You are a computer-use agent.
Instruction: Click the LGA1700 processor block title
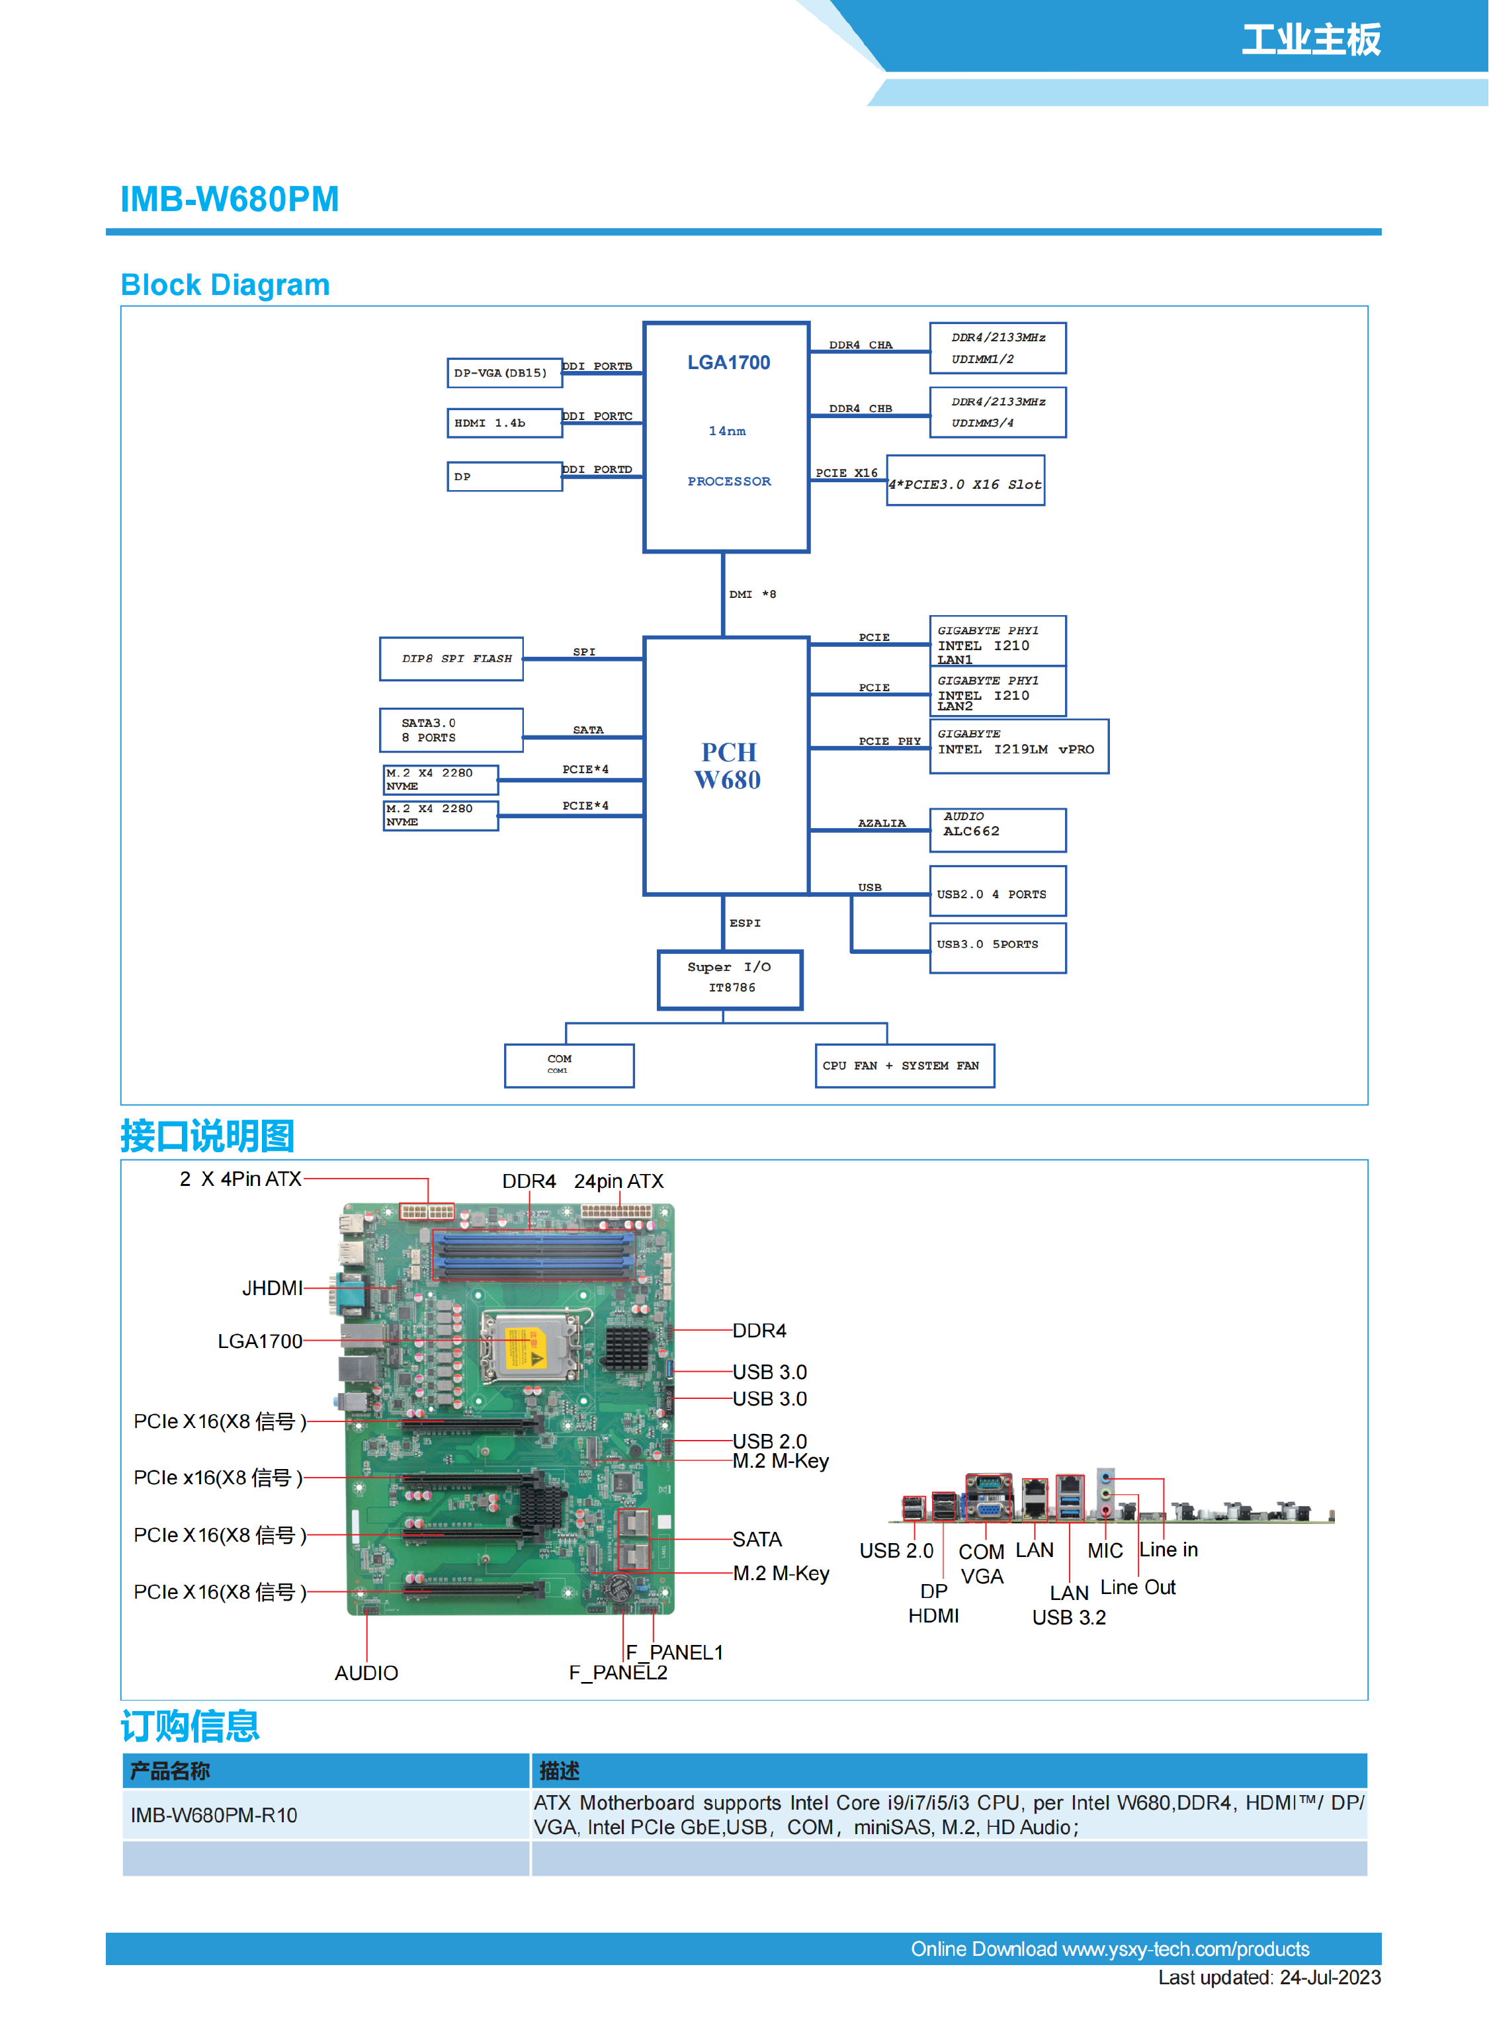pos(728,362)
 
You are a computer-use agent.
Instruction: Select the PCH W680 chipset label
pos(728,765)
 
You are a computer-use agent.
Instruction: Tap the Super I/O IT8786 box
pos(729,979)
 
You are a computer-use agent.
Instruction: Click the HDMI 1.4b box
pos(504,423)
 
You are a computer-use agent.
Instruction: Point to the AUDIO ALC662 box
pos(997,829)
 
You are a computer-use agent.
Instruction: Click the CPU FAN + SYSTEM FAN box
pos(904,1066)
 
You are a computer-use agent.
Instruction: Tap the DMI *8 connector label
pos(751,595)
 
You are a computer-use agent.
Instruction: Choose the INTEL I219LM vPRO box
pos(1019,746)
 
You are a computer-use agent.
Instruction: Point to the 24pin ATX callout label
pos(618,1181)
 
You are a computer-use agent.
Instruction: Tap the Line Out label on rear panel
pos(1138,1587)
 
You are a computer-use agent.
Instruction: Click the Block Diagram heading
pos(226,285)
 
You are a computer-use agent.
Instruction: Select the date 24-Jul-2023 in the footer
pos(1330,1978)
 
